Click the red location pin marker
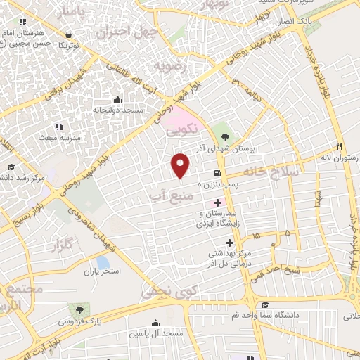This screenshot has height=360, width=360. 181,165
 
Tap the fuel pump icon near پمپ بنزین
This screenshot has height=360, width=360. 215,174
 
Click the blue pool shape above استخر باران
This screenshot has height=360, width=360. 103,262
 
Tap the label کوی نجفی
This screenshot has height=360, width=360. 168,288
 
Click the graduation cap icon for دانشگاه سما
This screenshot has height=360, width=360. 266,304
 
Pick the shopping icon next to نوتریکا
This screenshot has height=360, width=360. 68,34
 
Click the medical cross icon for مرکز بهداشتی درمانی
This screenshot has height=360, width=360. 229,243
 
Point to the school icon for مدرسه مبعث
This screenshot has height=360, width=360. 58,127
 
